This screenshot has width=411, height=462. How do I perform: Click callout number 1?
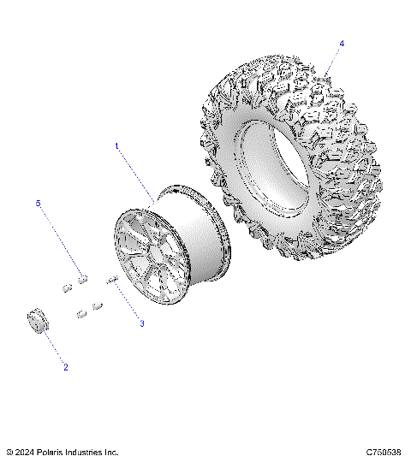pyautogui.click(x=117, y=146)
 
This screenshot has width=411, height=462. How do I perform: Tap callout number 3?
pyautogui.click(x=141, y=324)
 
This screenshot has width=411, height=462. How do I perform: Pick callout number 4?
pyautogui.click(x=342, y=43)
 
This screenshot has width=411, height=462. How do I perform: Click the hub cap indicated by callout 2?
pyautogui.click(x=37, y=323)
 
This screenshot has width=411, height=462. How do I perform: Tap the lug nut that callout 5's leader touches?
pyautogui.click(x=82, y=277)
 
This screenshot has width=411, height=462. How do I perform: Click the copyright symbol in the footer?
pyautogui.click(x=9, y=452)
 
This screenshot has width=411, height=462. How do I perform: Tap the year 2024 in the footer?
pyautogui.click(x=25, y=452)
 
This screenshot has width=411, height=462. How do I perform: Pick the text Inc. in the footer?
pyautogui.click(x=112, y=452)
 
